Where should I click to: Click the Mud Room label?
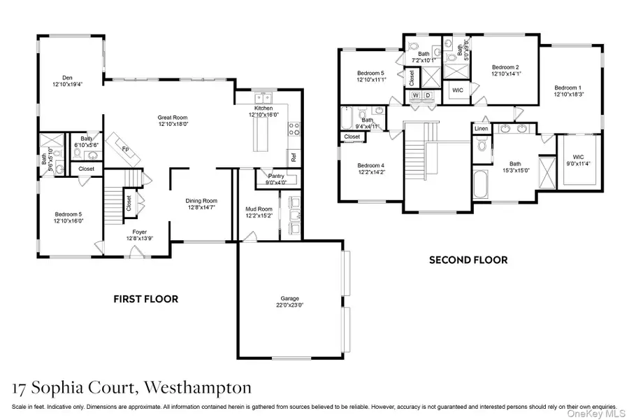click(259, 209)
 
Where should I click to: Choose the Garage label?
click(289, 300)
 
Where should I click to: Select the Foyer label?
click(136, 234)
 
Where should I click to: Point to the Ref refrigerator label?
click(294, 157)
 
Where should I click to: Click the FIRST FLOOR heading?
click(146, 299)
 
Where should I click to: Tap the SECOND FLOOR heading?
click(468, 260)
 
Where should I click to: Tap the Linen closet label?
click(482, 129)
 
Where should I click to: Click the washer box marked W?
click(416, 95)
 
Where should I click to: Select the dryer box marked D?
click(428, 95)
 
